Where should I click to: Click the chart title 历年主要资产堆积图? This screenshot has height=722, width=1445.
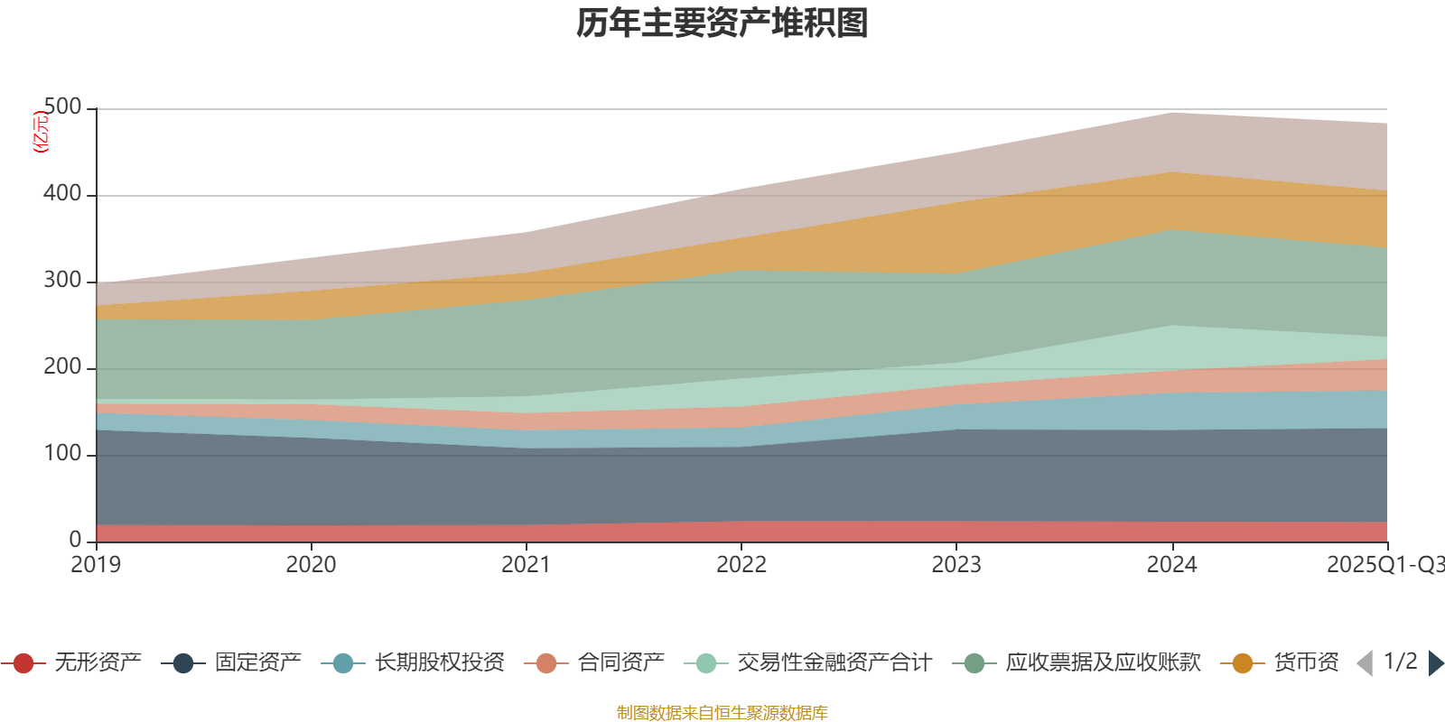(x=722, y=23)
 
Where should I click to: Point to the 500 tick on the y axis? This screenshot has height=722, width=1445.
(x=62, y=107)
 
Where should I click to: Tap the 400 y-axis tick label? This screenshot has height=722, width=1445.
(x=62, y=194)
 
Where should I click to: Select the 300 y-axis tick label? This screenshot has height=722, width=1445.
(x=62, y=281)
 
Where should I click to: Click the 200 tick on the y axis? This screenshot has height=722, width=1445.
(x=62, y=367)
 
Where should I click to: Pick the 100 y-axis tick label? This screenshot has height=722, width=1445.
(x=62, y=454)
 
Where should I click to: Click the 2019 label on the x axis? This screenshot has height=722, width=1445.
(x=97, y=565)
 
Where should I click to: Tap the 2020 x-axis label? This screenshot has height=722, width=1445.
(x=312, y=565)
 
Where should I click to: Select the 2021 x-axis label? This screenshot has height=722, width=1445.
(x=527, y=565)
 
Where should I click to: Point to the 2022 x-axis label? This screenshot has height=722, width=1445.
(x=741, y=565)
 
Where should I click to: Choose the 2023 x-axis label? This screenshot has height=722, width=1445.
(x=956, y=565)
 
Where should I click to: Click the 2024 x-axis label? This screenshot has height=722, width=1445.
(x=1171, y=565)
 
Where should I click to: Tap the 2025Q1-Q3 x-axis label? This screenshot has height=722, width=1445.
(x=1384, y=565)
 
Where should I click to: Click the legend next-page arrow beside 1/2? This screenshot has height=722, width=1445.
(x=1435, y=663)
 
